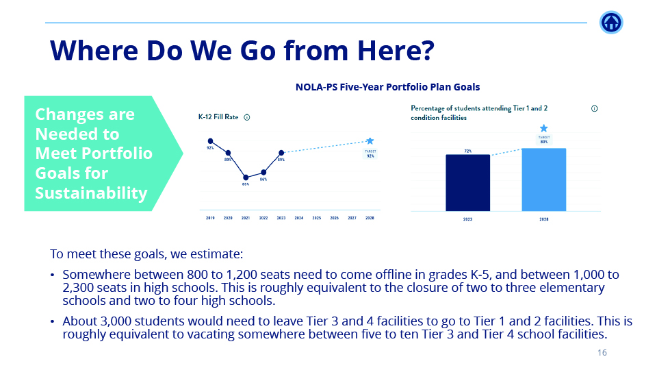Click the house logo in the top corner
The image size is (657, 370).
(x=611, y=23)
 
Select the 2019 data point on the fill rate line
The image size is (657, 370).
(x=210, y=140)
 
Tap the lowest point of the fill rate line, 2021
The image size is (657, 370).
(x=246, y=177)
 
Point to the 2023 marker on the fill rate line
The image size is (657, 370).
(x=281, y=153)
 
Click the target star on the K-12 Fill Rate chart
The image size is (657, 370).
(x=370, y=140)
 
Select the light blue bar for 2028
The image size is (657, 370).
(x=543, y=180)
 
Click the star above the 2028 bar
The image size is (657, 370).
(x=543, y=128)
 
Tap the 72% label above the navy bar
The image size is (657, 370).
(x=467, y=151)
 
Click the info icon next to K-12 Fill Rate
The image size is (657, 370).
(x=247, y=117)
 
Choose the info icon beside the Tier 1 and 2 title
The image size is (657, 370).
(x=594, y=108)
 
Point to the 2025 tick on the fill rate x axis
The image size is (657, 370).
(x=317, y=219)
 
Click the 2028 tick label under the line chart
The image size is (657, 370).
(x=370, y=219)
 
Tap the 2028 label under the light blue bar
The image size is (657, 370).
(x=543, y=219)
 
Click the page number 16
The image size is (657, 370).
(x=602, y=353)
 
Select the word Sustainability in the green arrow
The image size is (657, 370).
(x=91, y=193)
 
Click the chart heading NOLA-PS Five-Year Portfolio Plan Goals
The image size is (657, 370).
(x=387, y=87)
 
